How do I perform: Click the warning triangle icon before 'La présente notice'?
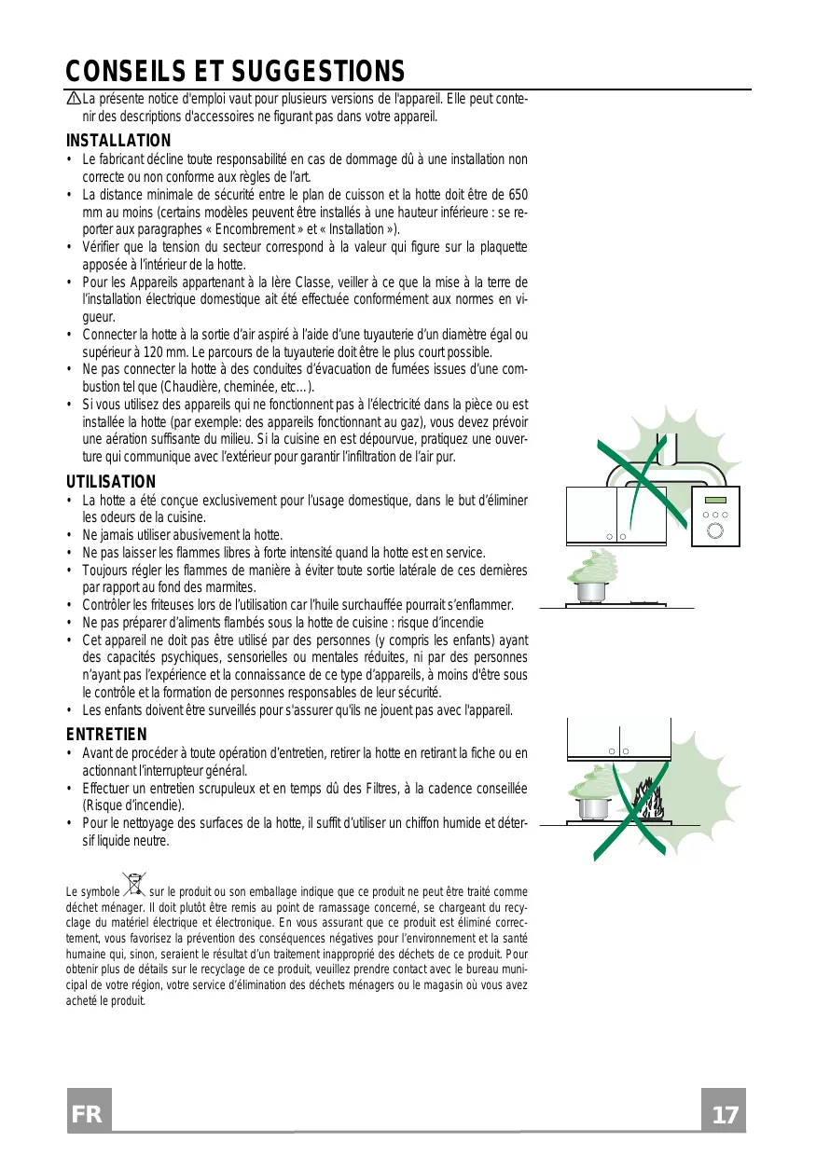click(73, 100)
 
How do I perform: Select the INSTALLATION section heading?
click(118, 141)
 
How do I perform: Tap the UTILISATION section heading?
click(111, 482)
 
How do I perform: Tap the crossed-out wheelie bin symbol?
click(135, 882)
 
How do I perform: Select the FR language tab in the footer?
click(89, 1115)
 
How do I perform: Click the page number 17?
click(724, 1115)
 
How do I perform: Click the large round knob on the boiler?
click(715, 532)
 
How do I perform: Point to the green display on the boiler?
click(715, 497)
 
